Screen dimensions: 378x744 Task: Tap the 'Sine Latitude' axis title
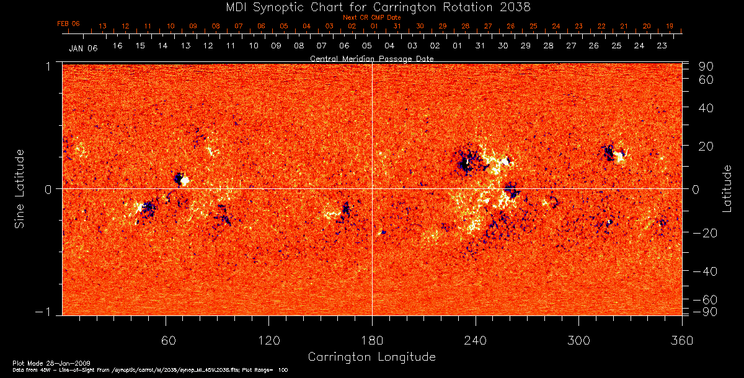click(20, 188)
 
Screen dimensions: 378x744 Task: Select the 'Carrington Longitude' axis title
click(371, 357)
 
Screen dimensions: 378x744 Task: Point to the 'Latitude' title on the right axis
click(727, 188)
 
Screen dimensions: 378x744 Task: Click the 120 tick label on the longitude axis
click(268, 340)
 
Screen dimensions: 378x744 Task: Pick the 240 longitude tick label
click(476, 340)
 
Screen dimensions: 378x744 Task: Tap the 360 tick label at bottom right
click(681, 340)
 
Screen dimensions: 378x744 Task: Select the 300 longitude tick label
click(578, 340)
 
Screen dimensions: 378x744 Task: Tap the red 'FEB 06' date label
click(68, 24)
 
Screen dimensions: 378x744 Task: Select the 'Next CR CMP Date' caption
click(372, 17)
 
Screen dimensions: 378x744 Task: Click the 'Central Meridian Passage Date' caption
click(371, 58)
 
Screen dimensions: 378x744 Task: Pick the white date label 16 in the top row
click(117, 46)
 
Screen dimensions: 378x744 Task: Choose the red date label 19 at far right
click(670, 26)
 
